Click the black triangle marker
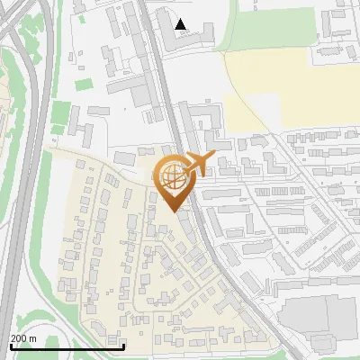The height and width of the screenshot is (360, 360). tap(182, 24)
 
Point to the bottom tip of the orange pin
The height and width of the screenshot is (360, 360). tap(174, 211)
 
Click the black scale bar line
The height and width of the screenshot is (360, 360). tap(67, 346)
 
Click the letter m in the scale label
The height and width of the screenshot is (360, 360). tap(33, 338)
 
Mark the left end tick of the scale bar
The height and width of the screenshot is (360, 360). tap(11, 345)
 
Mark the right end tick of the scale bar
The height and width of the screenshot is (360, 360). tap(124, 345)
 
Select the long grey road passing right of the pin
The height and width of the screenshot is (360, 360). tap(202, 225)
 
